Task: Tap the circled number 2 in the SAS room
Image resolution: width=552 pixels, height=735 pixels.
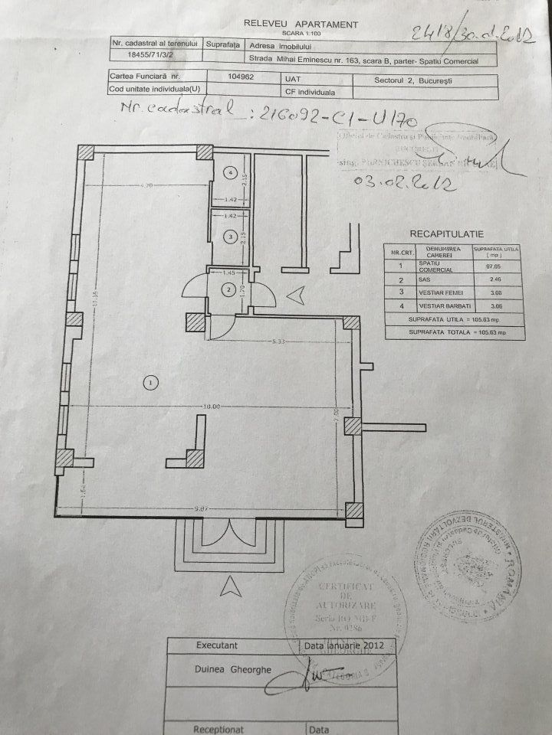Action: click(x=229, y=289)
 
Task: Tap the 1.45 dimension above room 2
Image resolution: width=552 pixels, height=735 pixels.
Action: click(x=227, y=273)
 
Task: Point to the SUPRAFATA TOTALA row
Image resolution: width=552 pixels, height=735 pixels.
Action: click(x=454, y=332)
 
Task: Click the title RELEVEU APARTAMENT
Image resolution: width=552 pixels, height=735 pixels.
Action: click(x=298, y=24)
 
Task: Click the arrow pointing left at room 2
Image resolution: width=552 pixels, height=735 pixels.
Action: click(x=295, y=293)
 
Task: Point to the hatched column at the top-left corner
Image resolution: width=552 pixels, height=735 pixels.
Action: click(x=87, y=152)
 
